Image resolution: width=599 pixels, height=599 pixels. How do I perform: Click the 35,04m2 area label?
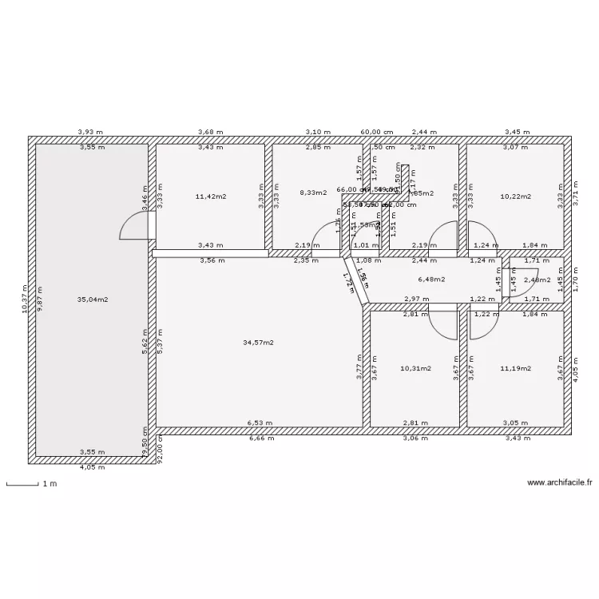coord(92,299)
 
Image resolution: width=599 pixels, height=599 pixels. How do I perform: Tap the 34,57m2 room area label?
coord(258,343)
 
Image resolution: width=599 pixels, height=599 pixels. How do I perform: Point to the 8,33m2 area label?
coord(313,192)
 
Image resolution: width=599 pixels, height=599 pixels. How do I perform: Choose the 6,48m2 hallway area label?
coord(431,280)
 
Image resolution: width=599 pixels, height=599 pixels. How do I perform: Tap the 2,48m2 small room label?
coord(537,280)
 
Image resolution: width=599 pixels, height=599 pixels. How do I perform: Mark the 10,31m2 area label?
coord(415,368)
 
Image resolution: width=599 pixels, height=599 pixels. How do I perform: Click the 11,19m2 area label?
coord(515,368)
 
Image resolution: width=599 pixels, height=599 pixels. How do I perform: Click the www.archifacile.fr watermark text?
coord(559,482)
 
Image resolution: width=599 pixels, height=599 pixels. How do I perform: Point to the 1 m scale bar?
coord(22,484)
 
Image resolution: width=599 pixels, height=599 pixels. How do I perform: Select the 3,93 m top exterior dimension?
coord(90,132)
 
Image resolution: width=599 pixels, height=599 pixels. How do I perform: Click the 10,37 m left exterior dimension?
coord(25,299)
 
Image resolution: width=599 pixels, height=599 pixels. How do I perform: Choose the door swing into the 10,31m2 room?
coord(442,323)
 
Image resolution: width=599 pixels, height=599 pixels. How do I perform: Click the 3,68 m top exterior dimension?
coord(210,132)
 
